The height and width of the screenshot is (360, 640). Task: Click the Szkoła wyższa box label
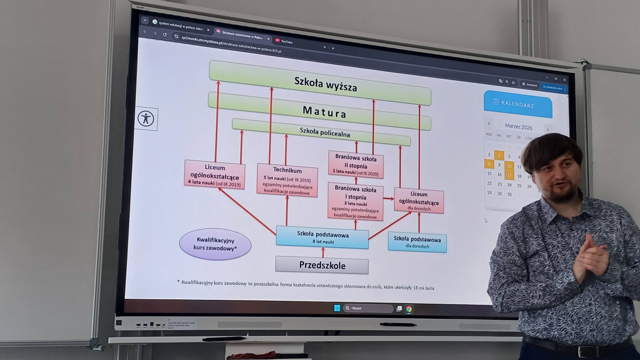coord(325,84)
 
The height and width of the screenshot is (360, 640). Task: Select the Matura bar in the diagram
coord(324,112)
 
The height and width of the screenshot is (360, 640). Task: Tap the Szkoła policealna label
coord(325,132)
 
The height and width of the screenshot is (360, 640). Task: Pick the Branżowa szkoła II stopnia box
coord(356,165)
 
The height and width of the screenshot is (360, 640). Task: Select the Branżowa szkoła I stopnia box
coord(355,202)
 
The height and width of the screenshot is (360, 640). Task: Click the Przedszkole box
coord(322,265)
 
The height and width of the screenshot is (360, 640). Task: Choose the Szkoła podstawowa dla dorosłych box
coord(417,242)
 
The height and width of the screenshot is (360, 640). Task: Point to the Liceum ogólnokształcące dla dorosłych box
coord(419,201)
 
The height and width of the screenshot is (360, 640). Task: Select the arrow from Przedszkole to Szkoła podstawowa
coord(323,252)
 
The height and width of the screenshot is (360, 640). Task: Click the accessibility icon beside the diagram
coord(146,119)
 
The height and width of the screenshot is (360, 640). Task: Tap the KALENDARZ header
coord(517,104)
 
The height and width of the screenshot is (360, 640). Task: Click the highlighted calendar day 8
coord(489,164)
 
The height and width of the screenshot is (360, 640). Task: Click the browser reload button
coord(165,34)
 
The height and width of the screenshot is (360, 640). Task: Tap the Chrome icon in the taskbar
coord(409,309)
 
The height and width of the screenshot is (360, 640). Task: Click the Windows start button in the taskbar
coord(337,308)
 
